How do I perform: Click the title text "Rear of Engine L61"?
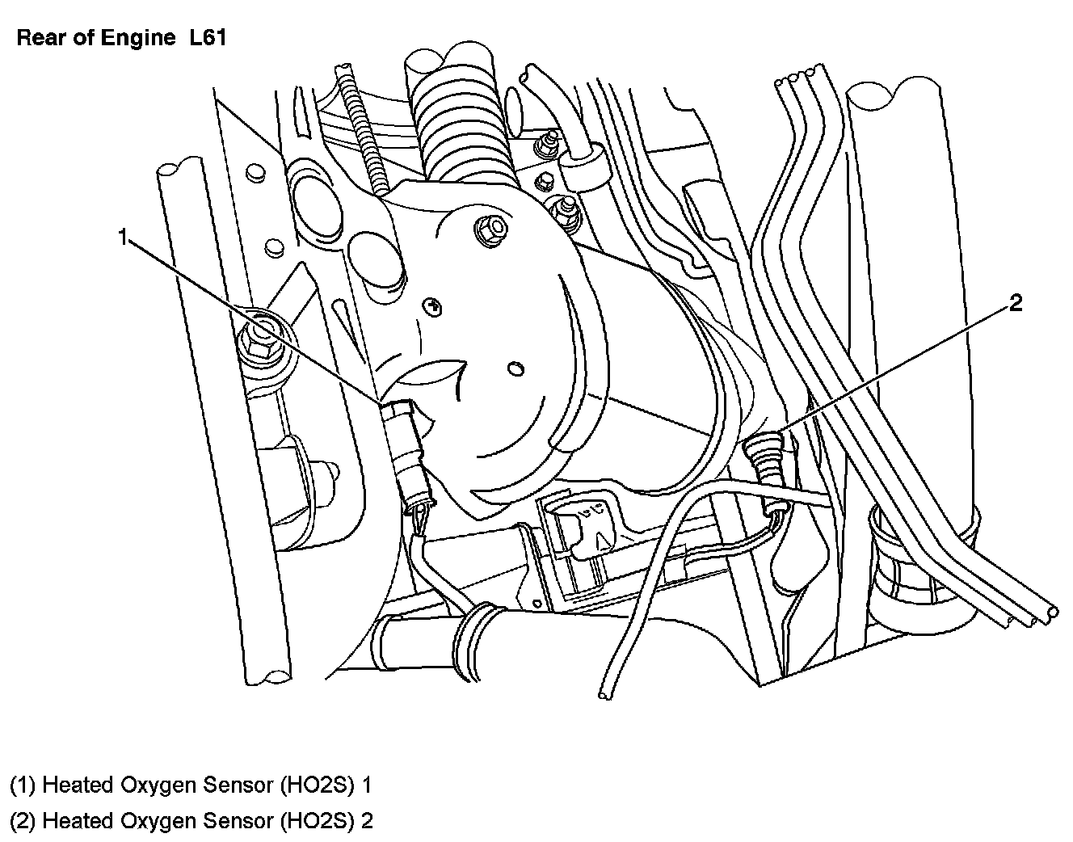coord(121,38)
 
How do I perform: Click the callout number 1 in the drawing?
coord(123,237)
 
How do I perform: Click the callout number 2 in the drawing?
coord(1015,303)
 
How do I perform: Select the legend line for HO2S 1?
coord(191,785)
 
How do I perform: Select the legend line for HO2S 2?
coord(191,820)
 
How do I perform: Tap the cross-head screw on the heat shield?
coord(432,307)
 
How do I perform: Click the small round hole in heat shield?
coord(516,368)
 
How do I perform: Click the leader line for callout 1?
coord(255,321)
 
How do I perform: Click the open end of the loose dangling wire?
coord(604,695)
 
